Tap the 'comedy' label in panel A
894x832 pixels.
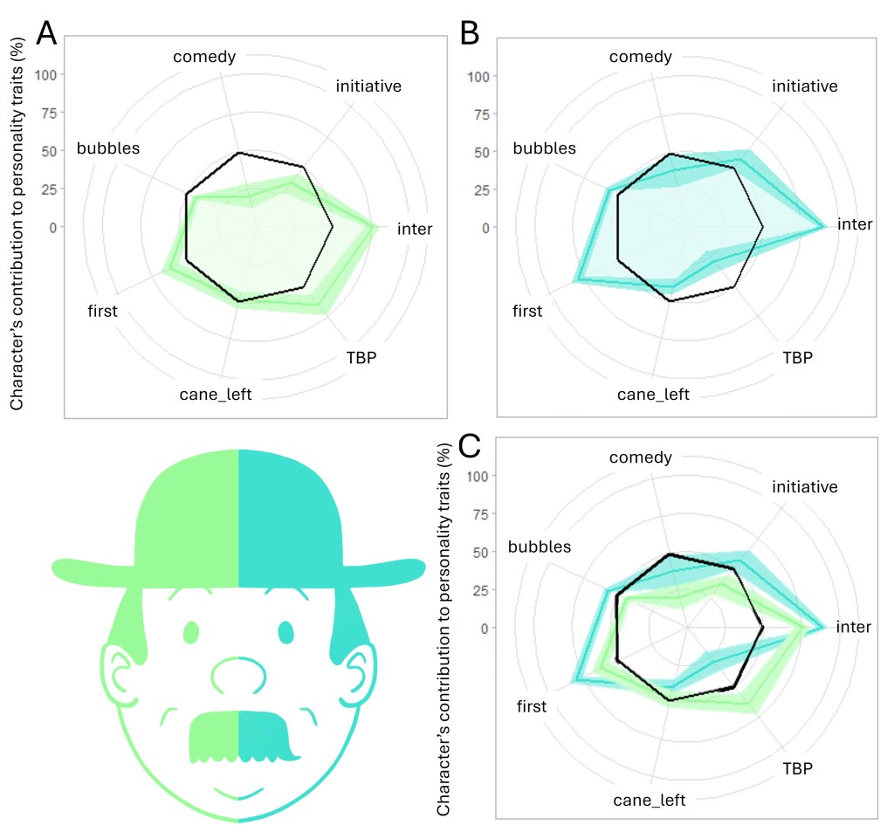(204, 58)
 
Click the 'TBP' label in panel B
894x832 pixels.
(796, 357)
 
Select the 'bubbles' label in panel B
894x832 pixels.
(544, 148)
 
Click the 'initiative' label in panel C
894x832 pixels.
(805, 486)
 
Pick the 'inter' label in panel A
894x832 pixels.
(415, 229)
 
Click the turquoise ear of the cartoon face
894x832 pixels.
(359, 672)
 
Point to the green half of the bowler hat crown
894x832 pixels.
(188, 515)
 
